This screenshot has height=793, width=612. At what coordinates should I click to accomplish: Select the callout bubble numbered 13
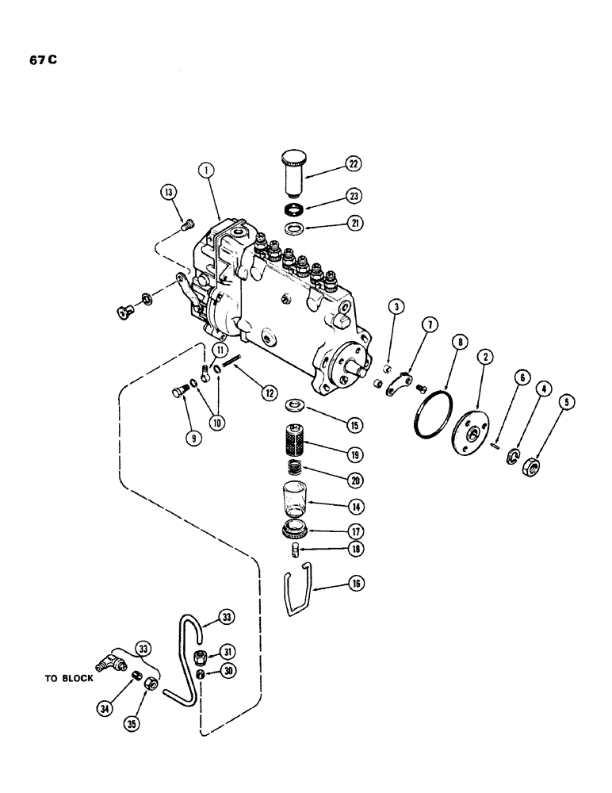tap(169, 193)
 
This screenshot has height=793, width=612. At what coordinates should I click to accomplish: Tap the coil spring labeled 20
tap(297, 472)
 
